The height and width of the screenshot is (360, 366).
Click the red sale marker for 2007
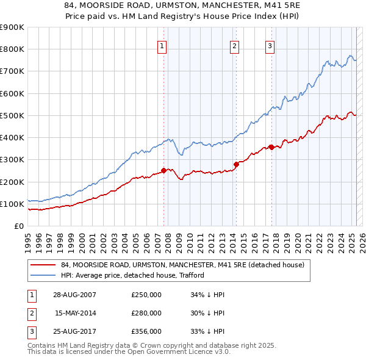point(163,170)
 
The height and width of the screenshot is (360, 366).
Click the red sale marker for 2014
point(236,164)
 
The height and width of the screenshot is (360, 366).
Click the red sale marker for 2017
point(271,146)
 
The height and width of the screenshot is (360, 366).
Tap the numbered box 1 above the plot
point(162,45)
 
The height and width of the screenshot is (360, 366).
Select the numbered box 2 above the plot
point(235,45)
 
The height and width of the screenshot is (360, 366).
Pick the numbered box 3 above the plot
point(270,45)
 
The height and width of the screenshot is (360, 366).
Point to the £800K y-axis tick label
point(12,49)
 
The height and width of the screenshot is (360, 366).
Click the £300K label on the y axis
point(12,160)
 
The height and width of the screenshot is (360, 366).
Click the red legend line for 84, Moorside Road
point(43,265)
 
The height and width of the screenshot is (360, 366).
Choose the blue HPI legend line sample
point(43,275)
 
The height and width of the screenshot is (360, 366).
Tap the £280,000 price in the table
point(146,313)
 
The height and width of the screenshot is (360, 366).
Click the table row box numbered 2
point(31,314)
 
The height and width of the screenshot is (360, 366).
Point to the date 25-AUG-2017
point(74,331)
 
